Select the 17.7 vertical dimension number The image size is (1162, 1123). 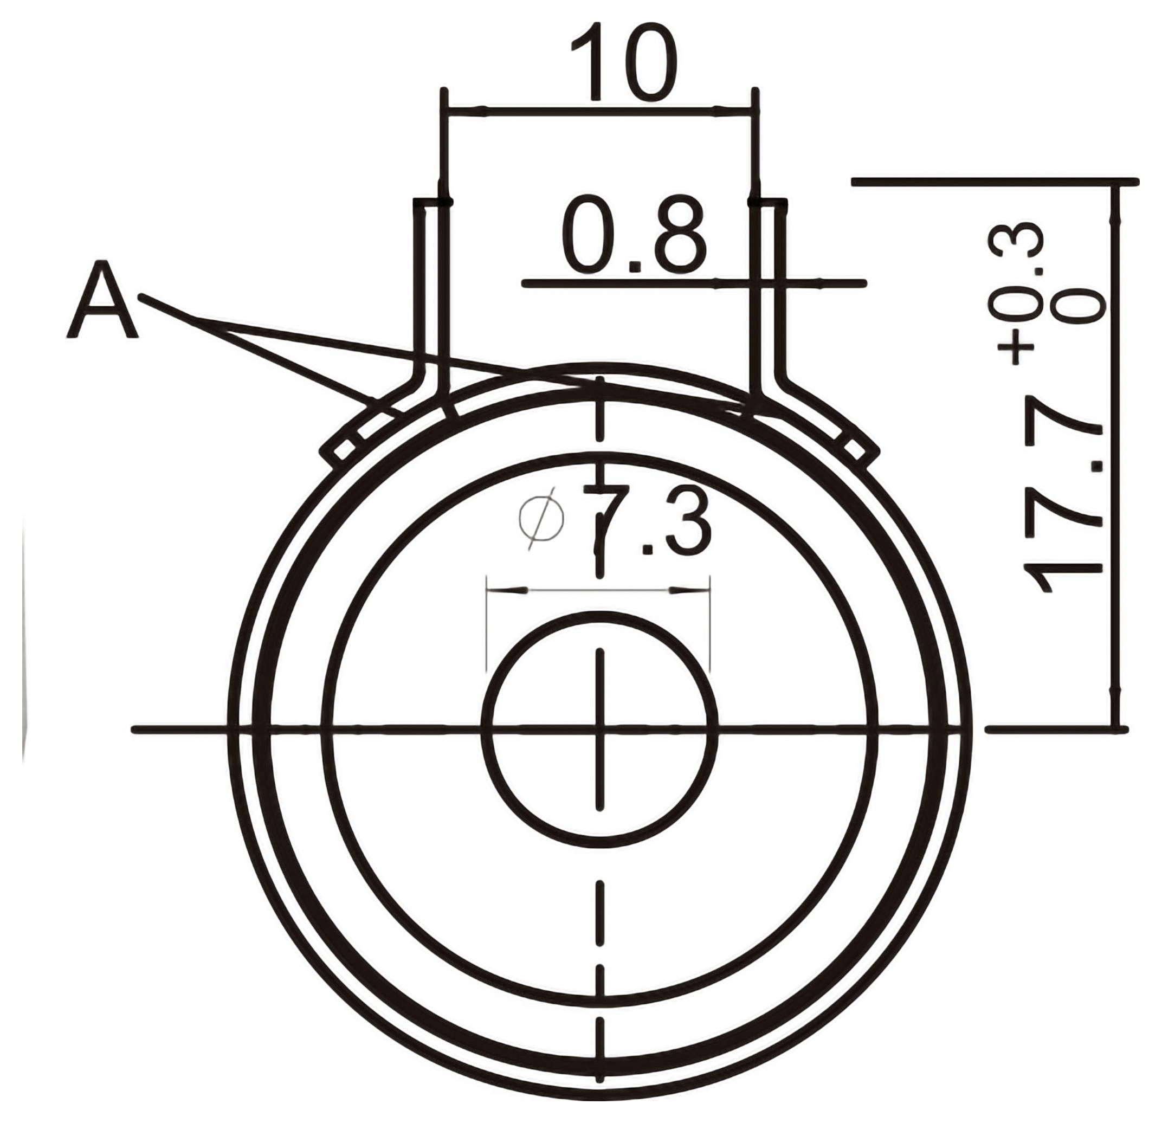tap(1064, 507)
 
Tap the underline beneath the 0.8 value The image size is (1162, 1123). tap(694, 283)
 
